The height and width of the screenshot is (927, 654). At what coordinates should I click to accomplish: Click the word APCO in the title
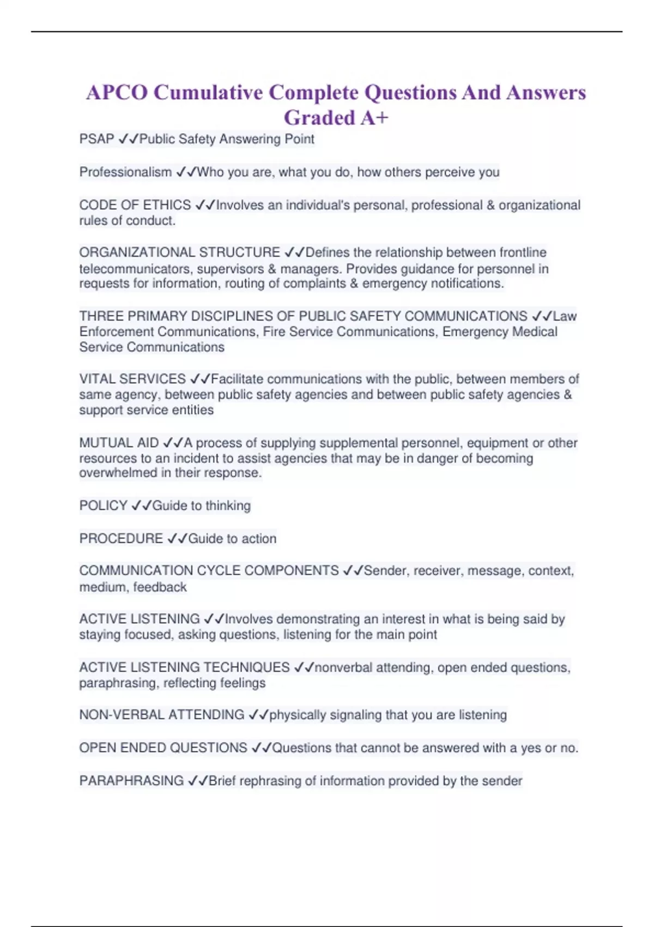coord(117,93)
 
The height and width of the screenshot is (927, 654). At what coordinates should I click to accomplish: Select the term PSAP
coord(96,140)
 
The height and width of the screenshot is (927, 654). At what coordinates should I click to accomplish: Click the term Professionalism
coord(125,172)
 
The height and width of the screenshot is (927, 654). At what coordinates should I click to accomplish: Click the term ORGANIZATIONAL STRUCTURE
coord(179,252)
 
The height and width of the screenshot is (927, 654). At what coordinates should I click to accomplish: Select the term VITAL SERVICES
coord(132,379)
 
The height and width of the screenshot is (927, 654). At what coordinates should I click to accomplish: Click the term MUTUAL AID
coord(119,443)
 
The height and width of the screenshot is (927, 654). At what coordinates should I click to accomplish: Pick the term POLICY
coord(103,505)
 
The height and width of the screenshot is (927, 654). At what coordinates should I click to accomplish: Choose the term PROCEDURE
coord(121,539)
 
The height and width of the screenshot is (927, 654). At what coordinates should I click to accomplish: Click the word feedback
coord(160,587)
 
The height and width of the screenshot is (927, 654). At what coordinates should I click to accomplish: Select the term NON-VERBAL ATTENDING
coord(161,715)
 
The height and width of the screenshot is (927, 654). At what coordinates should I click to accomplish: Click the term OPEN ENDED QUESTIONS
coord(163,748)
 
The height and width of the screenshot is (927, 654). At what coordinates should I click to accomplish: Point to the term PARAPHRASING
coord(131,781)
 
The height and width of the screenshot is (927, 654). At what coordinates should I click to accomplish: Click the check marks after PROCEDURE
coord(177,539)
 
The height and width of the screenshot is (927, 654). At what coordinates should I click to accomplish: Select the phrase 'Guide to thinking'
coord(201,505)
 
